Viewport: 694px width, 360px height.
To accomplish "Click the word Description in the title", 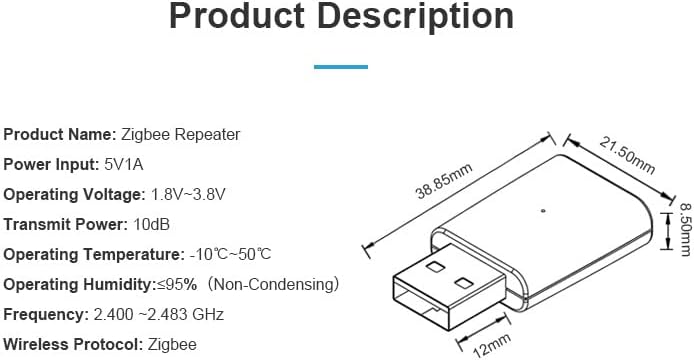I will [x=422, y=18].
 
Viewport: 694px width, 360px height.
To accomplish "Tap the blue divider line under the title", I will [x=341, y=67].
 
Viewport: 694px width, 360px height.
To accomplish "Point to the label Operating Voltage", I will [x=74, y=194].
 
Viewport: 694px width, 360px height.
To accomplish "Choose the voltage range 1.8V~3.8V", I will [x=196, y=194].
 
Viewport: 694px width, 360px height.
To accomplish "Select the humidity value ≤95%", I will [x=176, y=285].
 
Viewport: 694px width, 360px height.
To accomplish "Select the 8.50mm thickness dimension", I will [x=684, y=243].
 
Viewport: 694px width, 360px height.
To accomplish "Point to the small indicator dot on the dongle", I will [x=541, y=210].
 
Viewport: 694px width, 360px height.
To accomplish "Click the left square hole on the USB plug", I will [x=436, y=267].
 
